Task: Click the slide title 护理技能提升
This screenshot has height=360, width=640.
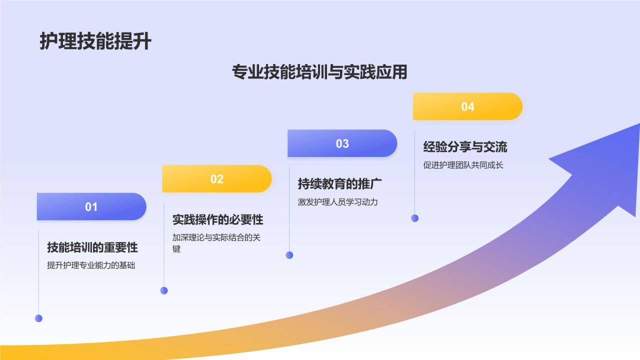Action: click(95, 41)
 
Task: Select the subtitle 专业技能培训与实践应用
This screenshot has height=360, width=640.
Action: click(319, 71)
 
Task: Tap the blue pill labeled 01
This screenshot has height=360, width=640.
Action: click(91, 206)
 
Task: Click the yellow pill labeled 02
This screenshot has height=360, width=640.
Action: click(217, 179)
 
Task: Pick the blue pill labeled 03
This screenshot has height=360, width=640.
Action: click(342, 143)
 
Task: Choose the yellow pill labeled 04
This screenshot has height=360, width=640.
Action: click(467, 106)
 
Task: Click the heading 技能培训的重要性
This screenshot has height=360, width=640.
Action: click(92, 247)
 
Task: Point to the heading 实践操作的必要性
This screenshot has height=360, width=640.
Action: click(217, 219)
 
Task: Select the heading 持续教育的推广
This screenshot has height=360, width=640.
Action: click(339, 183)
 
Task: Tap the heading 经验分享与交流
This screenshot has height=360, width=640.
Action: click(465, 147)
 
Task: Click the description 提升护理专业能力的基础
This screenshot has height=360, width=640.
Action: click(91, 265)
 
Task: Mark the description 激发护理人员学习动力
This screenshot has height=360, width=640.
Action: click(337, 202)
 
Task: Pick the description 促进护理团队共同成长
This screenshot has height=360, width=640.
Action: click(463, 165)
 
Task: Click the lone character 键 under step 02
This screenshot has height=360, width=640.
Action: click(176, 248)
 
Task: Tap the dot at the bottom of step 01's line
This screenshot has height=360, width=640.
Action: click(38, 318)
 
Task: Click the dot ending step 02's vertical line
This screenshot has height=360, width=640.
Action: click(164, 290)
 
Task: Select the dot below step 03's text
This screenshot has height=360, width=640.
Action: click(289, 255)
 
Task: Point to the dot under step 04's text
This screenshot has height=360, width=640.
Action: click(415, 218)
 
